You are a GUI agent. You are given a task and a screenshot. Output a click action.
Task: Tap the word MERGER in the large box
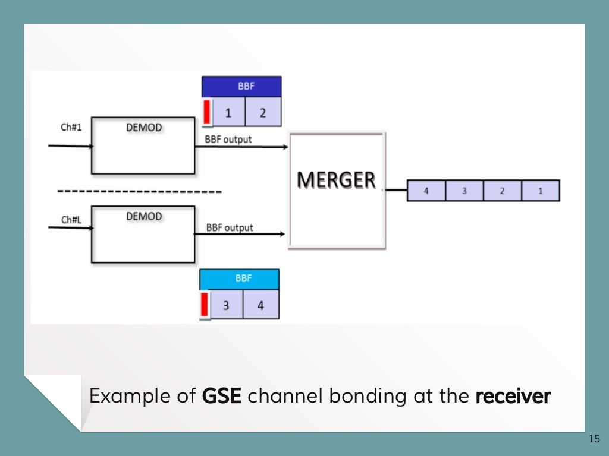pos(336,179)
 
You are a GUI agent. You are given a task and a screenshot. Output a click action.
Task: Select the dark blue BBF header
pos(241,87)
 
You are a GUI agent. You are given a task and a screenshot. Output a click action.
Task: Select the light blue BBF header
pos(239,278)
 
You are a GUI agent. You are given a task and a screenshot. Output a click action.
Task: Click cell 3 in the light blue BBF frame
pos(226,306)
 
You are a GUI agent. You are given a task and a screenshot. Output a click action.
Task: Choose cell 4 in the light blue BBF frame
pos(260,306)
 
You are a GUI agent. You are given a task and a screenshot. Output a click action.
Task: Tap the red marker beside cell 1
pos(207,112)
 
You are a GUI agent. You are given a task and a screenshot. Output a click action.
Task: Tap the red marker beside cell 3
pos(205,305)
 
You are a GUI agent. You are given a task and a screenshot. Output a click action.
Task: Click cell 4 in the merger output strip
pos(426,191)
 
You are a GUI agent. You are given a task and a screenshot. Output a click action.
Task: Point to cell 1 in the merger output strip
pos(541,191)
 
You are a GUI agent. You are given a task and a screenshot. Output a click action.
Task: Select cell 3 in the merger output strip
pos(464,191)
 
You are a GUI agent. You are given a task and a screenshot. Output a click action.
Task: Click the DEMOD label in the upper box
pos(144,128)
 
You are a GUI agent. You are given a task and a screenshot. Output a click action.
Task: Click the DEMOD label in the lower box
pos(144,216)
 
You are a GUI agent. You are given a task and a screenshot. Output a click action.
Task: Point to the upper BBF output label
pos(228,140)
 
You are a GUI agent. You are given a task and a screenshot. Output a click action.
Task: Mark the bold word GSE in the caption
pos(222,396)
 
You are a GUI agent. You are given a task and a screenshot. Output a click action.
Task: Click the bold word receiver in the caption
pos(513,396)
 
